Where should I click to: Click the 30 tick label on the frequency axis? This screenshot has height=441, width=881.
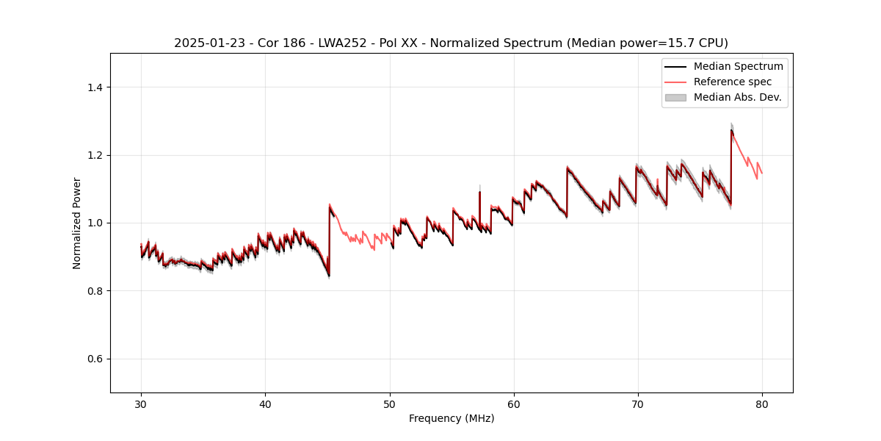(x=141, y=404)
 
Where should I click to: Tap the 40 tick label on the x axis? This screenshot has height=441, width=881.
(x=265, y=404)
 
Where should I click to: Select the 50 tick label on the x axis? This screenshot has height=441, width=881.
(x=389, y=404)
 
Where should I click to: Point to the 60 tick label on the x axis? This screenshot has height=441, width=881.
(x=513, y=404)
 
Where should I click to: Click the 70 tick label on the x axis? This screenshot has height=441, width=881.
(x=637, y=404)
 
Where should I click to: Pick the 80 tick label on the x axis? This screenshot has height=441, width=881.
(x=761, y=404)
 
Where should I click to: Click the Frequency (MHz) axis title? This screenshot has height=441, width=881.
(x=452, y=418)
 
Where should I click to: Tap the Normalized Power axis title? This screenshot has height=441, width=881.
(x=76, y=223)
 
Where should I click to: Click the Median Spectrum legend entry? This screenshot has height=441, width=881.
(x=738, y=66)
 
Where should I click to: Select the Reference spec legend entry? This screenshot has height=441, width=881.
(x=732, y=82)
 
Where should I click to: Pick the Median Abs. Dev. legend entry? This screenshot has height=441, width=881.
(x=737, y=97)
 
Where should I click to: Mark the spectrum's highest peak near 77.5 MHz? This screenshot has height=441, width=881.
(x=731, y=130)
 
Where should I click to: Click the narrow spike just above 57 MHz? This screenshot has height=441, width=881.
(x=479, y=193)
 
